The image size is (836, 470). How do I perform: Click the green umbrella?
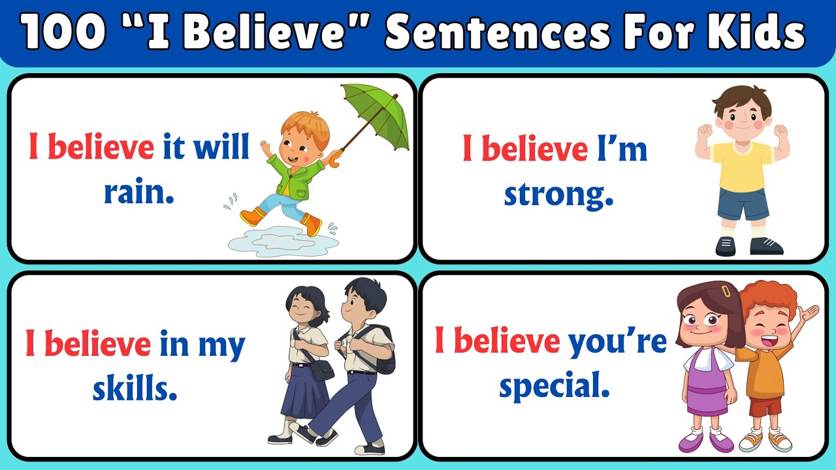pos(375,114)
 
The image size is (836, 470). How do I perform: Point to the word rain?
pos(139,192)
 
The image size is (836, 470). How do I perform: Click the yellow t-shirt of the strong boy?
pos(742,166)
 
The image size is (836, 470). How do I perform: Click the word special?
pos(555,386)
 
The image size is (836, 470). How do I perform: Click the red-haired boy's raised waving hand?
pos(809,313)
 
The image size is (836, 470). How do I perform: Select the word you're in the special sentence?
pos(617,342)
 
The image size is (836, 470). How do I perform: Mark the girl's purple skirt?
pos(707,396)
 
